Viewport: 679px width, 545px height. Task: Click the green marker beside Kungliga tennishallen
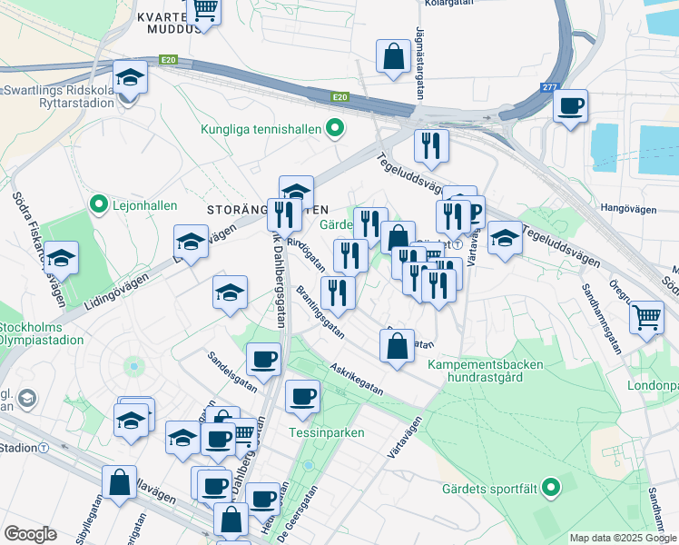point(335,129)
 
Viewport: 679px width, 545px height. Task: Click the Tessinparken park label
point(327,432)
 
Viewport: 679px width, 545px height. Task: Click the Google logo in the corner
point(30,533)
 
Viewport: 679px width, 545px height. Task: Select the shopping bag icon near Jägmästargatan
point(395,55)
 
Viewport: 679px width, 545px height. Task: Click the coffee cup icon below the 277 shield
point(571,105)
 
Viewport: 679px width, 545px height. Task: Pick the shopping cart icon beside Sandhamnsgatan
point(645,317)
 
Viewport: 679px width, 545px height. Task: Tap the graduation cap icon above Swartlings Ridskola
point(130,78)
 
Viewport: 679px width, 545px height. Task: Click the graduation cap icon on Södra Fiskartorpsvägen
point(61,257)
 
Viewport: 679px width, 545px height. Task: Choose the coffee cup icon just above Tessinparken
point(303,396)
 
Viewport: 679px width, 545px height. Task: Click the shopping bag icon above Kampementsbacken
point(397,346)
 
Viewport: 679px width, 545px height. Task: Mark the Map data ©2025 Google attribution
point(623,538)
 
